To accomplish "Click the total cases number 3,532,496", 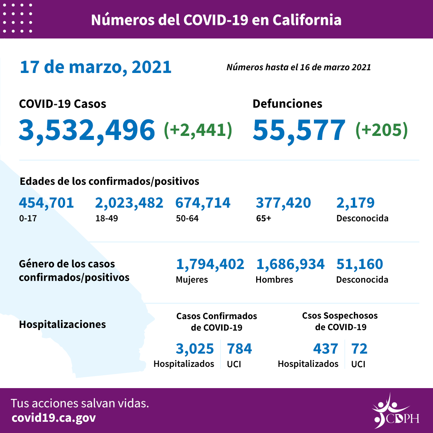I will pyautogui.click(x=87, y=130).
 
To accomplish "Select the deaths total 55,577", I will pyautogui.click(x=299, y=130).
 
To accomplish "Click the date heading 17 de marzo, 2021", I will pyautogui.click(x=95, y=67).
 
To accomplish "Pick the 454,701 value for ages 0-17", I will pyautogui.click(x=47, y=203).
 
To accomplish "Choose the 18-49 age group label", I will pyautogui.click(x=104, y=219).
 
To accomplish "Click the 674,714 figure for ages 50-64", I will pyautogui.click(x=203, y=203).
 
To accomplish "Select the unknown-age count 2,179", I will pyautogui.click(x=355, y=203).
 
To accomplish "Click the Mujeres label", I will pyautogui.click(x=192, y=279).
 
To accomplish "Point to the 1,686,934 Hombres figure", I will pyautogui.click(x=290, y=264).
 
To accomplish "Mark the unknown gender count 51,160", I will pyautogui.click(x=360, y=264).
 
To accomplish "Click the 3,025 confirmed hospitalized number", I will pyautogui.click(x=195, y=349).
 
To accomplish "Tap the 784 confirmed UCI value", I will pyautogui.click(x=239, y=349).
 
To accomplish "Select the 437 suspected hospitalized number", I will pyautogui.click(x=325, y=349).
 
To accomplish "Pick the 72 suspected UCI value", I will pyautogui.click(x=359, y=349).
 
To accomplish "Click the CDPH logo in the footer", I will pyautogui.click(x=395, y=411).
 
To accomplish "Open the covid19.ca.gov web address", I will pyautogui.click(x=54, y=418).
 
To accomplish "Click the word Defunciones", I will pyautogui.click(x=287, y=104).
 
